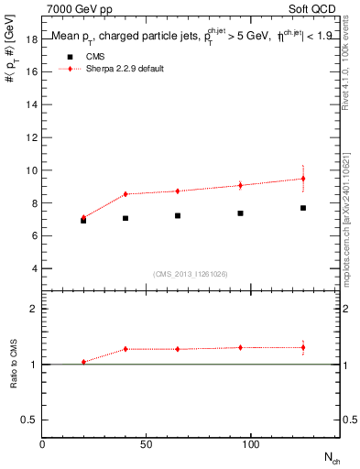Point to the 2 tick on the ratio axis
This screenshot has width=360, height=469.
click(32, 309)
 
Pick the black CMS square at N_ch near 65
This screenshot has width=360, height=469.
click(178, 216)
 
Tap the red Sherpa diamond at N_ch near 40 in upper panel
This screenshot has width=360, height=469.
click(125, 194)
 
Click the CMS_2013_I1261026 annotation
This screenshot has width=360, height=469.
click(191, 274)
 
